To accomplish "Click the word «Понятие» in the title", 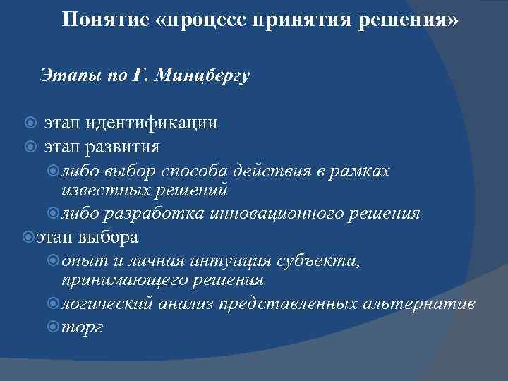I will click(x=104, y=20).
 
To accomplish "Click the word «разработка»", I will click(x=146, y=213).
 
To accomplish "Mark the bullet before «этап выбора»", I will click(x=28, y=236).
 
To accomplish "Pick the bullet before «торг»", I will click(x=54, y=328).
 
